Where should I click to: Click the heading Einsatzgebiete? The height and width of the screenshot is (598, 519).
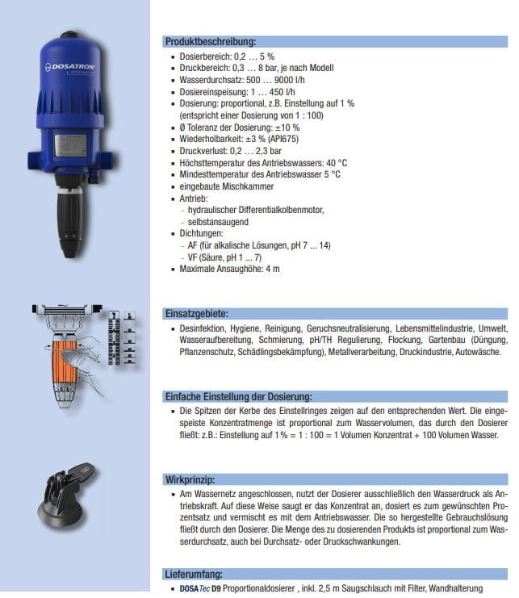[x=196, y=313]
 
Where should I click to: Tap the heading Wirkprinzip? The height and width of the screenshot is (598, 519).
[x=190, y=479]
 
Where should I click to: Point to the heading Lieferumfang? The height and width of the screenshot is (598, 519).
[x=195, y=575]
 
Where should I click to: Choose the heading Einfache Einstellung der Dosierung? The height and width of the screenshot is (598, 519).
[x=238, y=396]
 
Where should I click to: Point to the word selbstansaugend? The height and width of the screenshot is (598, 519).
[x=219, y=221]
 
